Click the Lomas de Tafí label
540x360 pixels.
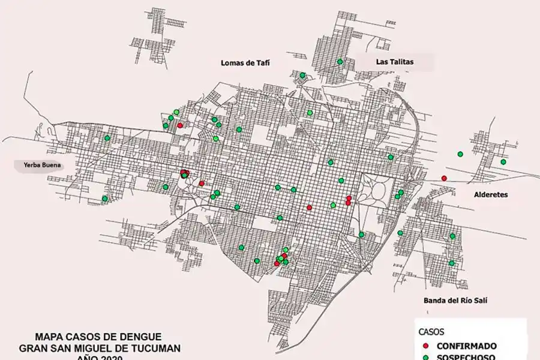pos(243,62)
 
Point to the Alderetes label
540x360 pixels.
pos(491,195)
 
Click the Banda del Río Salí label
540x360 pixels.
pos(453,301)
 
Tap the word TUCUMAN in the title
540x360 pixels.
pos(152,348)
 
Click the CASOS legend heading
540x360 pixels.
pos(431,332)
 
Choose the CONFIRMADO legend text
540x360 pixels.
pos(466,346)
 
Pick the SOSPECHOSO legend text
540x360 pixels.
pos(466,357)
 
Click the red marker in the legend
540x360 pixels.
pos(426,346)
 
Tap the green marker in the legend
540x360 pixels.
pos(426,357)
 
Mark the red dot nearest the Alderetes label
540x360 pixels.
pos(444,178)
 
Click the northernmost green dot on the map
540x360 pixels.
pos(340,61)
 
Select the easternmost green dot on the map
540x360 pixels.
pos(503,162)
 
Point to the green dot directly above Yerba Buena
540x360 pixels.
pos(107,138)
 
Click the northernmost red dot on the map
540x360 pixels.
pos(180,125)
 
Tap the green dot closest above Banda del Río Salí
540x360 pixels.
pos(452,263)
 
